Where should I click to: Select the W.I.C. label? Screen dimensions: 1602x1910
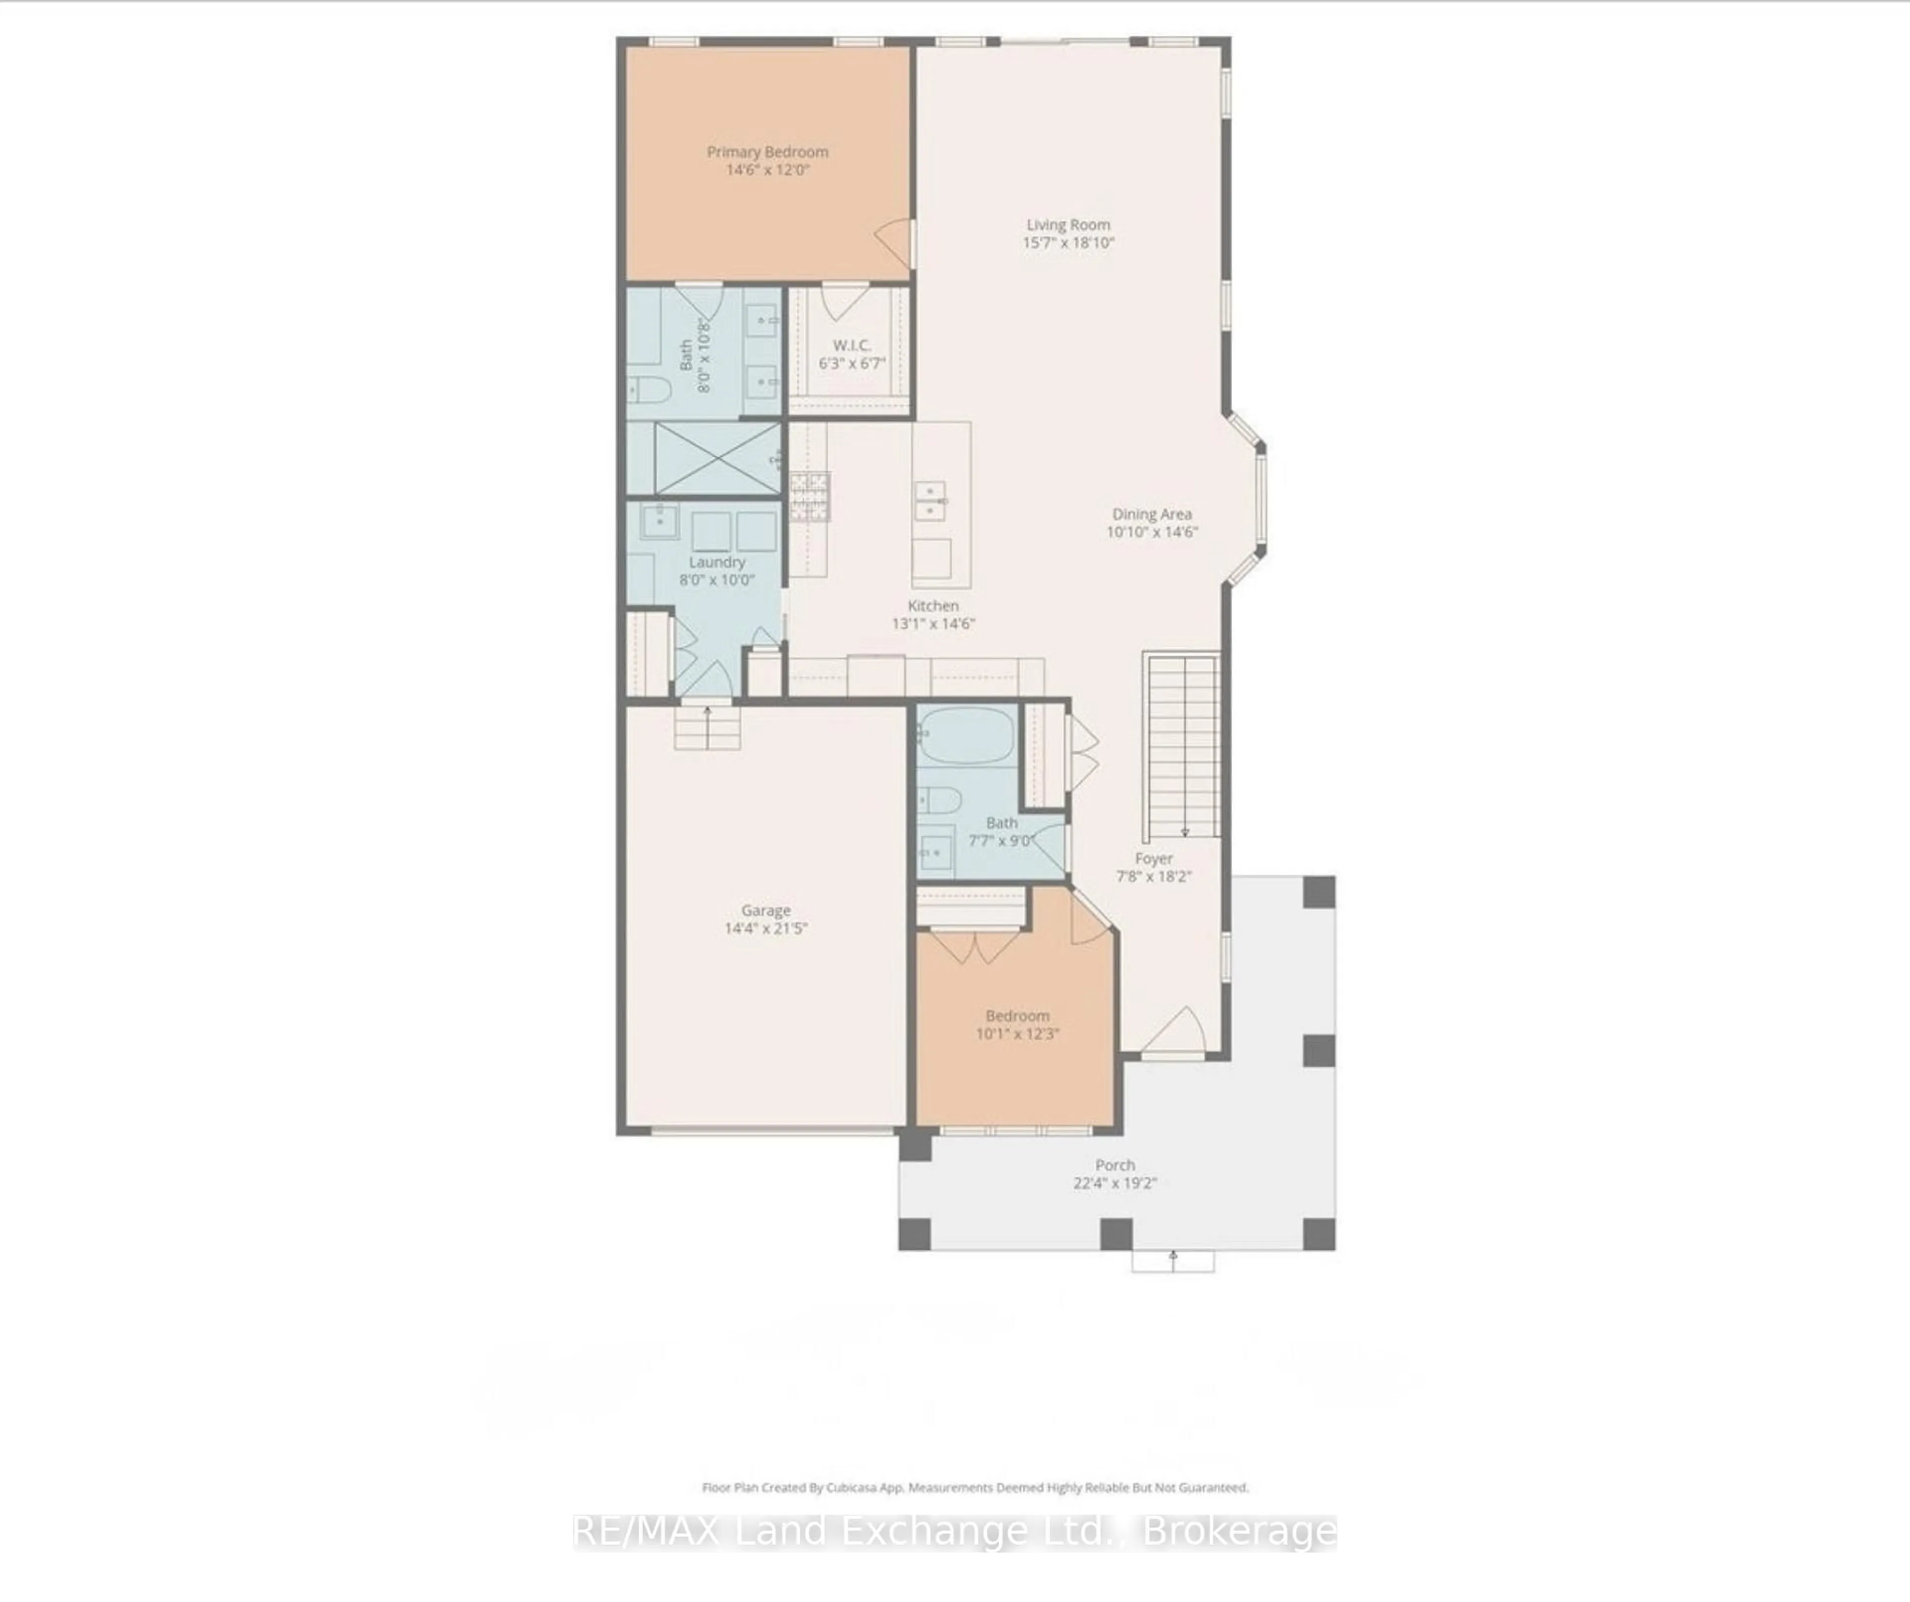[852, 345]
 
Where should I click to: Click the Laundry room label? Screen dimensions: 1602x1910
[717, 562]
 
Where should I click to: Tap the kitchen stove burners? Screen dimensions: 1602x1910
[809, 497]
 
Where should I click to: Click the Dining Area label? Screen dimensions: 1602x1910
[1151, 514]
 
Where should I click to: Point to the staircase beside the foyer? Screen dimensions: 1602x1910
[1182, 746]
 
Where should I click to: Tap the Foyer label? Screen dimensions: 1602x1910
[1153, 858]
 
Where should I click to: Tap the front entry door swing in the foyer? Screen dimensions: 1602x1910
[1176, 1032]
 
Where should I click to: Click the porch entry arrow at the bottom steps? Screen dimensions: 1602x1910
[1173, 1260]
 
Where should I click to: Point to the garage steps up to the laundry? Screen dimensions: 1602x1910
[707, 728]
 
